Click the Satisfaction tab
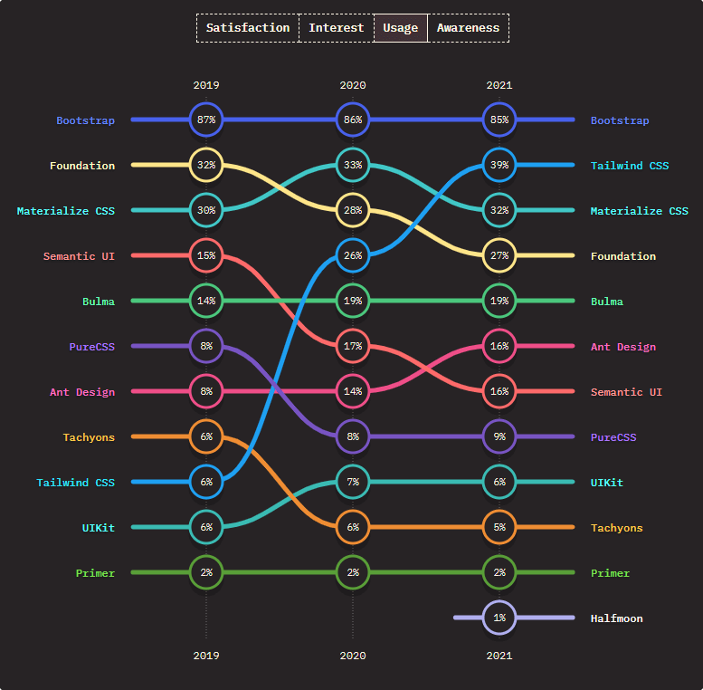pyautogui.click(x=248, y=28)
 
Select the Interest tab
pyautogui.click(x=336, y=28)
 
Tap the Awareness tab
pyautogui.click(x=468, y=28)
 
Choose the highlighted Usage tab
pyautogui.click(x=400, y=28)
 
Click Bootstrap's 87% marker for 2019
pyautogui.click(x=206, y=120)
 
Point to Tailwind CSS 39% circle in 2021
pyautogui.click(x=499, y=165)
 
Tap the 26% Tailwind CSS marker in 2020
pyautogui.click(x=353, y=255)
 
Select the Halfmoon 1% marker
pyautogui.click(x=499, y=618)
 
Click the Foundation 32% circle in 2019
pyautogui.click(x=206, y=165)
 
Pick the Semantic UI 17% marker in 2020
pyautogui.click(x=353, y=346)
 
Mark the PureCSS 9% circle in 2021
pyautogui.click(x=499, y=436)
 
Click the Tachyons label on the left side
pyautogui.click(x=89, y=437)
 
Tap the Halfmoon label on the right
pyautogui.click(x=617, y=618)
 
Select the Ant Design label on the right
pyautogui.click(x=623, y=347)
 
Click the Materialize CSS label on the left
pyautogui.click(x=66, y=211)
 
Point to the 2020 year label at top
pyautogui.click(x=353, y=85)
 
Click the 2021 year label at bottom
pyautogui.click(x=499, y=655)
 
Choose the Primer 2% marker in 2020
pyautogui.click(x=353, y=572)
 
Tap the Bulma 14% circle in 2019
pyautogui.click(x=206, y=301)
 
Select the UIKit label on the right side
pyautogui.click(x=607, y=483)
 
